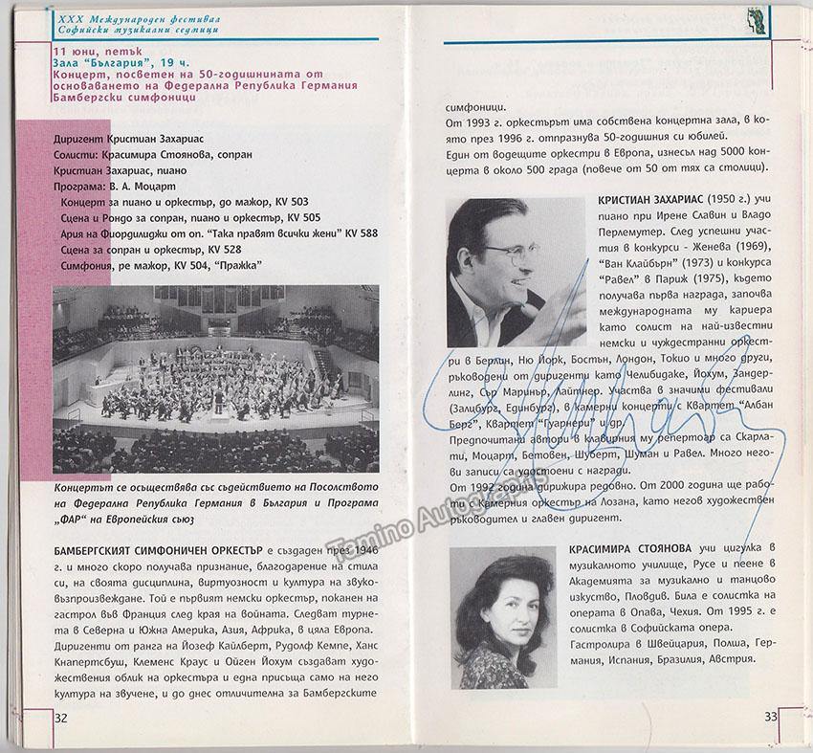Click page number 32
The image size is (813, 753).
[61, 717]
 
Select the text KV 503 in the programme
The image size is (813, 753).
[291, 206]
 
